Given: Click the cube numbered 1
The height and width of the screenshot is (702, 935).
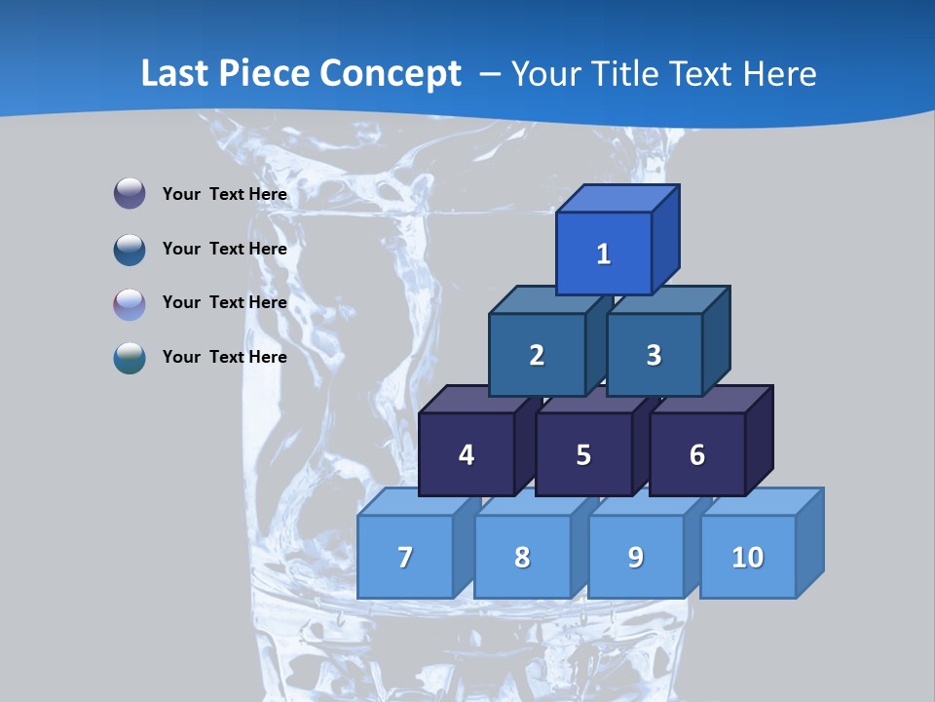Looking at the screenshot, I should [604, 253].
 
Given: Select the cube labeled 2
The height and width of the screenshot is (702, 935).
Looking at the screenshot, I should [537, 355].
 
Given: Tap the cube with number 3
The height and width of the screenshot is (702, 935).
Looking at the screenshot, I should [654, 355].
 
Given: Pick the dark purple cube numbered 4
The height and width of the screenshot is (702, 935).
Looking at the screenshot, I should [467, 454].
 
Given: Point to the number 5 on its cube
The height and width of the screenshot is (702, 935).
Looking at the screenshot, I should [583, 455].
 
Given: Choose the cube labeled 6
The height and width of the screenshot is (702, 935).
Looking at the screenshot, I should [697, 454].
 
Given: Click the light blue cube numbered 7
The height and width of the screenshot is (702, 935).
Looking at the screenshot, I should [405, 557].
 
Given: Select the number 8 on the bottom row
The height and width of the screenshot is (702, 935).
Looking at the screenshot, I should [522, 558].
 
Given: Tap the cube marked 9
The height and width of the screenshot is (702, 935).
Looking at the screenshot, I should [635, 557].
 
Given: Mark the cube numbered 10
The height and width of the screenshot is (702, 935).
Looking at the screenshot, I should [747, 557].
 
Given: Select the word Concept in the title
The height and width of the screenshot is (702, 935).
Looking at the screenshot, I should [393, 74].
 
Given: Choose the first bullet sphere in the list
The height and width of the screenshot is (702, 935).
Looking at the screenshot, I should [130, 193].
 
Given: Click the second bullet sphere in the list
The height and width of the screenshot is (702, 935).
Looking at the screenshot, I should [130, 249].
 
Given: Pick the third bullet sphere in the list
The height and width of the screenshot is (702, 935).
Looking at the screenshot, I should [130, 303].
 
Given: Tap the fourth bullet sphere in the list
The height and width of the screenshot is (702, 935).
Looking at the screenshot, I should [130, 357].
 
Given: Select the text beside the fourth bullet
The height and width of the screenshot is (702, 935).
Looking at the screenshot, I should [225, 357].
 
